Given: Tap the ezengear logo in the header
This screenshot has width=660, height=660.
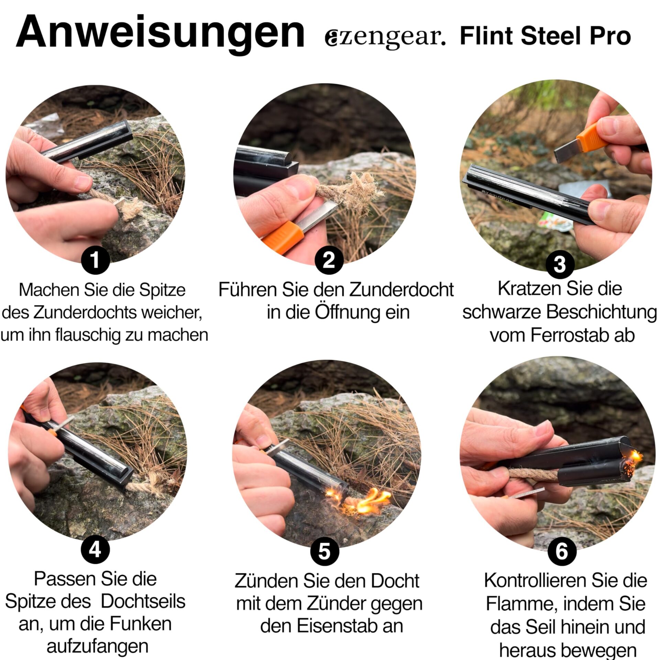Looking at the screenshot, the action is pyautogui.click(x=385, y=37).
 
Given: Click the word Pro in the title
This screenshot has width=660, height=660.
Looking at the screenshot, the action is pyautogui.click(x=610, y=36).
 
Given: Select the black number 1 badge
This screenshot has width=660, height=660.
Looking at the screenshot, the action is pyautogui.click(x=96, y=260).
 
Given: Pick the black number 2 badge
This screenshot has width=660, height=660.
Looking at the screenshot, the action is pyautogui.click(x=329, y=260).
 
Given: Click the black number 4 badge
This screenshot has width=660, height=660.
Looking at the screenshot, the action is pyautogui.click(x=95, y=550).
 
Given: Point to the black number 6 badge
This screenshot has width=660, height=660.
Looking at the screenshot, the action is pyautogui.click(x=561, y=551).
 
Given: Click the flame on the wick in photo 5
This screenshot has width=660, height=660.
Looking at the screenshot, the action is pyautogui.click(x=371, y=502).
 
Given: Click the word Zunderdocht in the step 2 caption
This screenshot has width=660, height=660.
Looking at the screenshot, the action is pyautogui.click(x=401, y=290).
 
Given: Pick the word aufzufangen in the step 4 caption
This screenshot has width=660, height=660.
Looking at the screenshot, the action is pyautogui.click(x=97, y=647).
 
